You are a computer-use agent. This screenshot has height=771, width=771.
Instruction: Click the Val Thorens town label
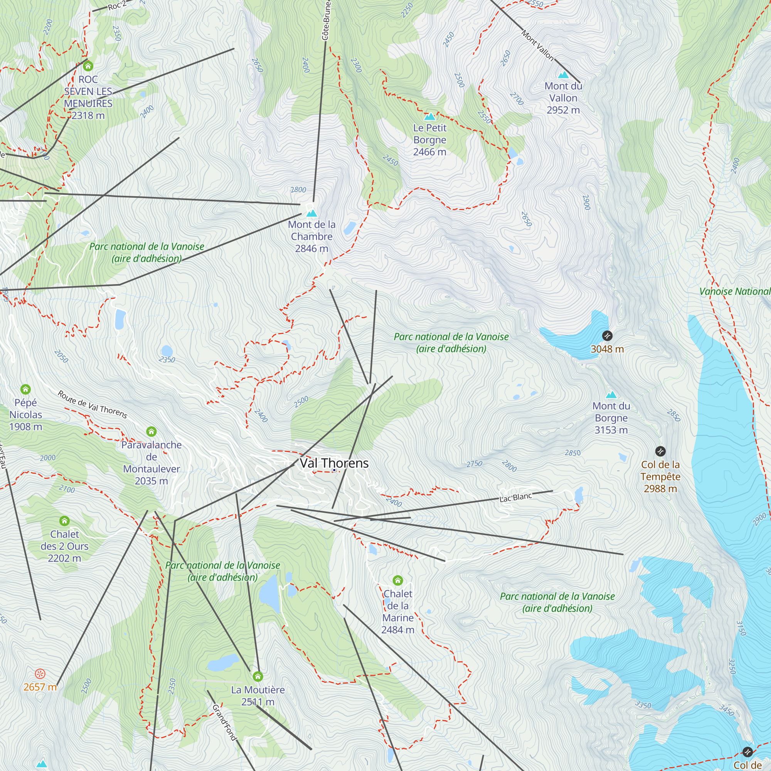coord(334,463)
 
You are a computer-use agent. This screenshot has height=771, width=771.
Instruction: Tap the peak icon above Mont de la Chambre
coord(311,213)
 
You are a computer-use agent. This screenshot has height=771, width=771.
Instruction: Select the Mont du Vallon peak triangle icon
coord(563,75)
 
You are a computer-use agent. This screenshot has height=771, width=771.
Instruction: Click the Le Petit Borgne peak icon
coord(429,116)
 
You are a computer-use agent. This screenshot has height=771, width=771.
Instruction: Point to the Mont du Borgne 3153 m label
coord(611,418)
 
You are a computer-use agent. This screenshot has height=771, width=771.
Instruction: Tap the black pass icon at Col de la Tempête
coord(660,451)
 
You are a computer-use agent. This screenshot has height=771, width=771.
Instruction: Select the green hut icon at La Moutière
coord(258,676)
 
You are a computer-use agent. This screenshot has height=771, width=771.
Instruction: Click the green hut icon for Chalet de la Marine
coord(397,580)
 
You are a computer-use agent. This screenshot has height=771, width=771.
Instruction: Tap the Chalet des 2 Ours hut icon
coord(64,521)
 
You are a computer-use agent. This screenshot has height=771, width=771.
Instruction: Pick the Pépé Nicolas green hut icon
coord(25,389)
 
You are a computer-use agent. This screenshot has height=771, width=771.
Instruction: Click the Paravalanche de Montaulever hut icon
coord(151,431)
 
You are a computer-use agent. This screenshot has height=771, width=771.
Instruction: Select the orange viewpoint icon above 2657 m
coord(40,674)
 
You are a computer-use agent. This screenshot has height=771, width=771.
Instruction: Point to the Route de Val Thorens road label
coord(92,405)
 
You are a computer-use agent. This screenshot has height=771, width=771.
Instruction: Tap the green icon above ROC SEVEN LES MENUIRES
coord(88,66)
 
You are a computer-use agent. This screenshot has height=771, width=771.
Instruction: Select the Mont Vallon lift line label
coord(537,46)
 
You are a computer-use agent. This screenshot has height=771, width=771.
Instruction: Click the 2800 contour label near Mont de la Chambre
coord(298,190)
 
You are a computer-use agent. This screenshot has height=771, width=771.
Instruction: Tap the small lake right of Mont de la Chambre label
coord(350,228)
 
